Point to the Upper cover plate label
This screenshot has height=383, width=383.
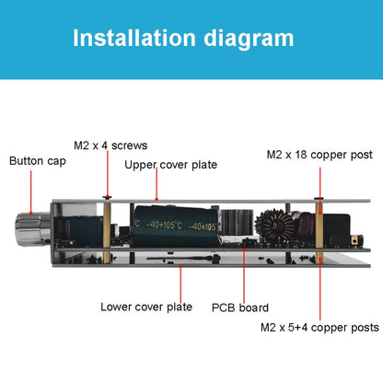tap(170, 165)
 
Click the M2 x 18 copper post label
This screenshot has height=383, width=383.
tap(319, 155)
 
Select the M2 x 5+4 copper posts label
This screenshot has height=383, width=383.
tap(319, 327)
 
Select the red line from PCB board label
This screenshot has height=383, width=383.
tap(244, 276)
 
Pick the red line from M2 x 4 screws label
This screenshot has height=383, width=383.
tap(110, 174)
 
